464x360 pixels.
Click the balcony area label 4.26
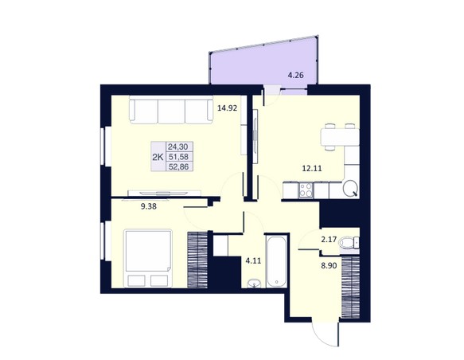pyautogui.click(x=295, y=75)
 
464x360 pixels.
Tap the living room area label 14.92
pyautogui.click(x=228, y=108)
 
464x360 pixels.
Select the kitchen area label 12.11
pyautogui.click(x=312, y=169)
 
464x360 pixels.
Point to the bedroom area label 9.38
pyautogui.click(x=149, y=206)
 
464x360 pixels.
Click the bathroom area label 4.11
pyautogui.click(x=254, y=260)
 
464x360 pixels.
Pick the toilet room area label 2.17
pyautogui.click(x=329, y=239)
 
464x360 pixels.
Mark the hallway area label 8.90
pyautogui.click(x=329, y=266)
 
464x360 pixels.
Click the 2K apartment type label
pyautogui.click(x=158, y=157)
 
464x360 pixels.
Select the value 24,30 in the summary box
pyautogui.click(x=178, y=147)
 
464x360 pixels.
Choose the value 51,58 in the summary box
pyautogui.click(x=178, y=157)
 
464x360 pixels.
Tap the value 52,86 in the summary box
pyautogui.click(x=178, y=166)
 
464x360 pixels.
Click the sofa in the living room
pyautogui.click(x=171, y=110)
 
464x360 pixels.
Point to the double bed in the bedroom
pyautogui.click(x=148, y=258)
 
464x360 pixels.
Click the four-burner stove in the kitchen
pyautogui.click(x=306, y=190)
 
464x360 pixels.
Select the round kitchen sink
pyautogui.click(x=350, y=187)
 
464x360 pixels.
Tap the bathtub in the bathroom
pyautogui.click(x=276, y=260)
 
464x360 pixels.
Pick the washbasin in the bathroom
pyautogui.click(x=254, y=284)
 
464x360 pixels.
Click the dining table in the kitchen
pyautogui.click(x=340, y=137)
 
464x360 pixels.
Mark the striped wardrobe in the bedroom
pyautogui.click(x=197, y=260)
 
